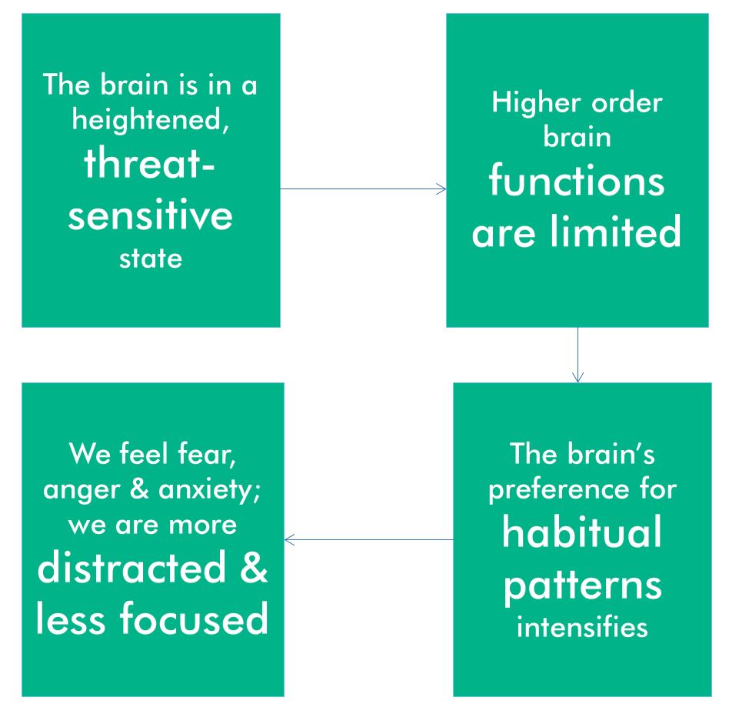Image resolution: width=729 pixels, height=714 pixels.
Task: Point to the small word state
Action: coord(150,259)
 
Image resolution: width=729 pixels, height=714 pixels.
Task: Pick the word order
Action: coord(627,102)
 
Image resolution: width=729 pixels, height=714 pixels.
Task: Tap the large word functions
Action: coord(577,181)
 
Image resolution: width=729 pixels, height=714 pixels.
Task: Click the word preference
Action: coord(559,491)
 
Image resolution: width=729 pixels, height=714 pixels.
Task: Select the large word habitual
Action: coord(581,532)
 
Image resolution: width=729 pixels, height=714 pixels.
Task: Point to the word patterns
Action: coord(583,586)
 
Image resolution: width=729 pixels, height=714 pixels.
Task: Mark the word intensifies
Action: coord(582,627)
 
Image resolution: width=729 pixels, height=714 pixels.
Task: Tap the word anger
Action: coord(82,490)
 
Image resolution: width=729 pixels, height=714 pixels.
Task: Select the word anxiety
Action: coord(209,490)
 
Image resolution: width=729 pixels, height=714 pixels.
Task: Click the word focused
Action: coord(195,618)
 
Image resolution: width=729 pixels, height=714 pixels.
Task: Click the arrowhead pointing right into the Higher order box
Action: coord(441,189)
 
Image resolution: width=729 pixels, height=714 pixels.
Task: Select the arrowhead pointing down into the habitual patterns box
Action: coord(578,377)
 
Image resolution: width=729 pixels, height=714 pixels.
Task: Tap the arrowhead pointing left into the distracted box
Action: coord(289,539)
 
